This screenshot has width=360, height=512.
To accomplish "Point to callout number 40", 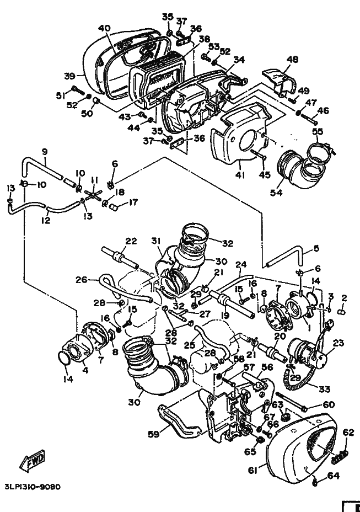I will [104, 28].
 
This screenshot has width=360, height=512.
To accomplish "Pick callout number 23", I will [338, 343].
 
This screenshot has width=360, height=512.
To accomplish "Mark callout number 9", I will [44, 151].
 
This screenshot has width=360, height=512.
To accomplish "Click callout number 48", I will [292, 60].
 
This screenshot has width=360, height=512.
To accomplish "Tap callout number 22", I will [131, 241].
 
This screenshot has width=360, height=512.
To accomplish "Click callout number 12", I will [46, 220].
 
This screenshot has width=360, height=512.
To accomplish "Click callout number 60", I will [329, 404].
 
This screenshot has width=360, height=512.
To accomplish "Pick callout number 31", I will [156, 241].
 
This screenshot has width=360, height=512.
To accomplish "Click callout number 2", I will [344, 298].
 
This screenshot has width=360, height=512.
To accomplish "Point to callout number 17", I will [134, 202].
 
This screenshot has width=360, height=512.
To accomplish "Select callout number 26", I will [82, 280].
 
